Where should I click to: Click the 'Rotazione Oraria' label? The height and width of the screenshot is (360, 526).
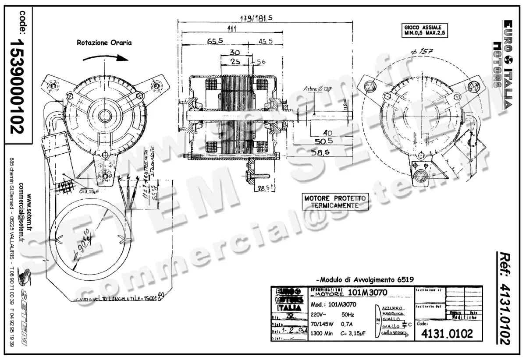point(104,43)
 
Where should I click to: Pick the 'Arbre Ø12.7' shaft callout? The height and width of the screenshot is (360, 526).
point(318,89)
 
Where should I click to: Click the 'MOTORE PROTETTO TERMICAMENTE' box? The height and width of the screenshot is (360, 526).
point(336,201)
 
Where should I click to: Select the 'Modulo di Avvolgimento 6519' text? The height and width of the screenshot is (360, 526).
point(365,279)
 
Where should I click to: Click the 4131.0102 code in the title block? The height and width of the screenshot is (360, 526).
point(447,334)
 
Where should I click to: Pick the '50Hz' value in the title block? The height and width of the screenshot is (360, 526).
point(348,314)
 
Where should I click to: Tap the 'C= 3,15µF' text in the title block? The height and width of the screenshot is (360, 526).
point(354,334)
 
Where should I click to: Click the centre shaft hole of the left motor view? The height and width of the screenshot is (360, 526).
point(105,116)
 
